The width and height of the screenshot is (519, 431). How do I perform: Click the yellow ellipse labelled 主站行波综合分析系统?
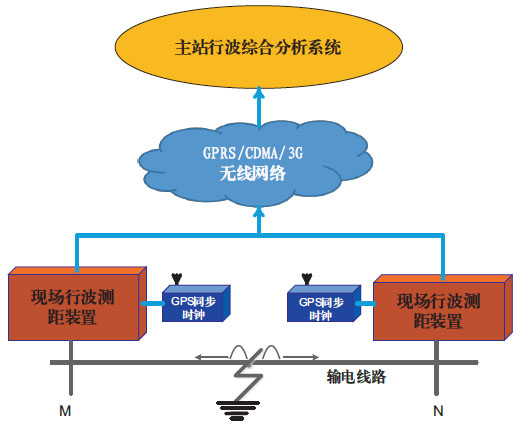coord(259,47)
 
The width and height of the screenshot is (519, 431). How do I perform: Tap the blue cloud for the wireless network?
coord(256,163)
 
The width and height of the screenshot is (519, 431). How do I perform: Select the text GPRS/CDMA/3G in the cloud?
coord(253,153)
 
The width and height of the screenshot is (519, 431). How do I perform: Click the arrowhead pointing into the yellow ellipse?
coord(259,92)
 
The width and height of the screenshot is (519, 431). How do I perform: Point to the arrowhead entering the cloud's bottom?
coord(259,212)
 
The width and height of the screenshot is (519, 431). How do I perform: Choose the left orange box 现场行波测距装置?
coord(77,303)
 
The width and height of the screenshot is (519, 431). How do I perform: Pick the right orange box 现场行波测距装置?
coord(443,307)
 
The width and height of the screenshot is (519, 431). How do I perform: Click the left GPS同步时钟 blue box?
coord(196,303)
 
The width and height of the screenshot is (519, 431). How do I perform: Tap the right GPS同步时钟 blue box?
coord(324,303)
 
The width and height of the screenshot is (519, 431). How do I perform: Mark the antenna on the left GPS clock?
coord(177,279)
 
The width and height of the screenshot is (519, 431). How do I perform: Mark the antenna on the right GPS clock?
coord(306,279)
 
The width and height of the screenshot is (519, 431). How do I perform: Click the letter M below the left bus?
coord(65,411)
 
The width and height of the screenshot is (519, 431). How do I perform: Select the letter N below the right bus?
coord(438,411)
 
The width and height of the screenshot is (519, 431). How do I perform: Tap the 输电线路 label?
coord(356,377)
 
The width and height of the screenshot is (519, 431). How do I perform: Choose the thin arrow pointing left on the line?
coord(212,358)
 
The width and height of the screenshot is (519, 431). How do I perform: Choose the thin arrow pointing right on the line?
coord(301,358)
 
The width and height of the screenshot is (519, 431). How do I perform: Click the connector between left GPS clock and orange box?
coord(152,303)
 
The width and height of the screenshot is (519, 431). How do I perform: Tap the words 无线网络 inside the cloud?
coord(253,173)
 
